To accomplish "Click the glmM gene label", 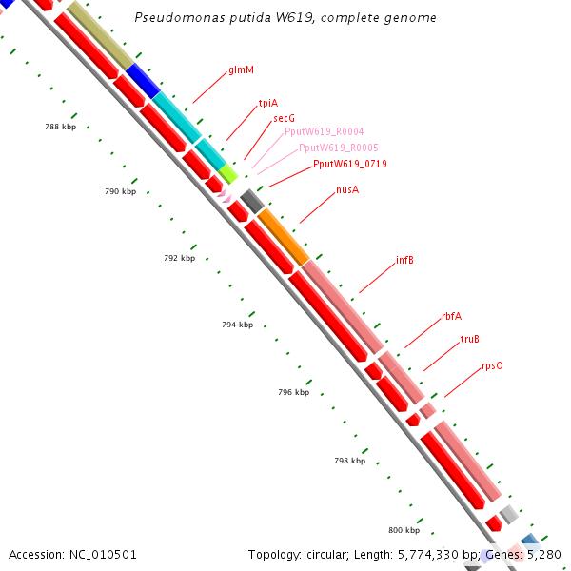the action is pos(240,70).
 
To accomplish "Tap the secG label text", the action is pos(285,118).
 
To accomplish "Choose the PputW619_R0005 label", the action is pos(339,148).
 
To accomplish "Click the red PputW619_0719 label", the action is pos(350,164).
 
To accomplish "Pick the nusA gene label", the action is pos(347,190).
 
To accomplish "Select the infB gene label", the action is pos(404,260).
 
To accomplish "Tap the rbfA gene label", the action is pos(451,316).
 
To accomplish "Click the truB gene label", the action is pos(470,339).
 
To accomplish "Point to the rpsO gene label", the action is pos(492,365).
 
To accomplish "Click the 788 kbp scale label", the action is pos(60,127).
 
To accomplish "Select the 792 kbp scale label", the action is pos(179,258).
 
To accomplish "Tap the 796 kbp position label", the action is pos(293,392).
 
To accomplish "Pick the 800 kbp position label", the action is pos(404,530).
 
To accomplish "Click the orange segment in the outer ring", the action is pos(284,237).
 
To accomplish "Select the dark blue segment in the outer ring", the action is pos(143,80).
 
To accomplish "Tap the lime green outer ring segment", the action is pos(227,172).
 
